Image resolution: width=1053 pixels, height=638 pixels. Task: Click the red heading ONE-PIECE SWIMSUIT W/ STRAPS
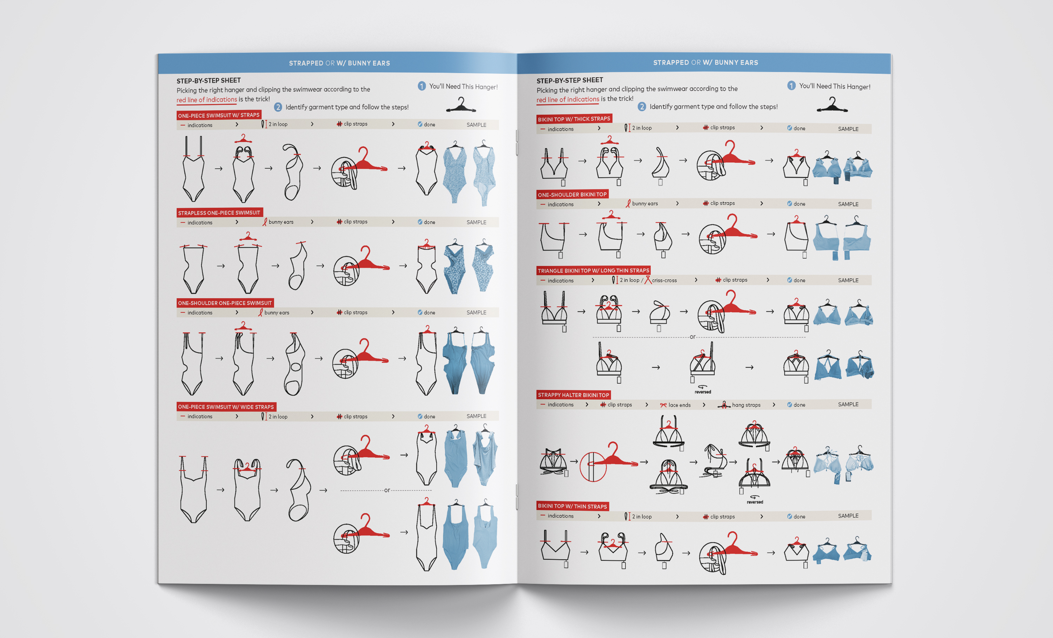pyautogui.click(x=219, y=115)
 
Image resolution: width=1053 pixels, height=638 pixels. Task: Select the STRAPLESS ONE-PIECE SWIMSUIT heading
pyautogui.click(x=219, y=213)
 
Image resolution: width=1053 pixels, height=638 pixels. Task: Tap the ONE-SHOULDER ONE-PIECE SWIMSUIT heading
pyautogui.click(x=225, y=303)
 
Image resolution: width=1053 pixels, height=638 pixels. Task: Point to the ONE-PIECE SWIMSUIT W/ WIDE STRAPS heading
pyautogui.click(x=226, y=407)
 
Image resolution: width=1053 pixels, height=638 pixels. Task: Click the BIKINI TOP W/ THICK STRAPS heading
pyautogui.click(x=574, y=119)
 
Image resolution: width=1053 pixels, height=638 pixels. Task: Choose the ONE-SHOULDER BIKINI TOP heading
pyautogui.click(x=572, y=195)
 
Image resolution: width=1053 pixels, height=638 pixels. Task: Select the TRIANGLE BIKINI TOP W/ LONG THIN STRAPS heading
pyautogui.click(x=593, y=270)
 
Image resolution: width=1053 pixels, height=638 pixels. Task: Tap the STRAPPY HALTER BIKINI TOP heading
pyautogui.click(x=574, y=395)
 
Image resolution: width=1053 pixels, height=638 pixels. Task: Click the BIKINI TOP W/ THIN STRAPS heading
pyautogui.click(x=572, y=506)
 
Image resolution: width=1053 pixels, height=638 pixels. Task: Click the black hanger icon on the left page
pyautogui.click(x=461, y=105)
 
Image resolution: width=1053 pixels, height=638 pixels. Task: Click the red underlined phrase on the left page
pyautogui.click(x=207, y=100)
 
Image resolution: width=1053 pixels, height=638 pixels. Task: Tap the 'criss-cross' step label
pyautogui.click(x=664, y=280)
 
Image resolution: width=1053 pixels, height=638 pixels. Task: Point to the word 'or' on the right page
pyautogui.click(x=692, y=337)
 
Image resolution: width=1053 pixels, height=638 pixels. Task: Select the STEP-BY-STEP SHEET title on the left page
pyautogui.click(x=208, y=80)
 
